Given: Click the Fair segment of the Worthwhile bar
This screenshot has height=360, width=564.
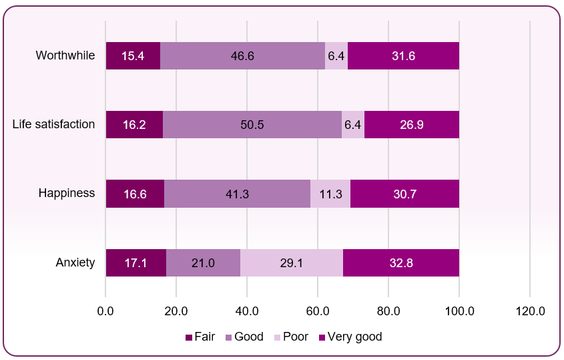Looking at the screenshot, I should tap(133, 56).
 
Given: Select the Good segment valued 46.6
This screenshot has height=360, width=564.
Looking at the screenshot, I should tap(242, 56).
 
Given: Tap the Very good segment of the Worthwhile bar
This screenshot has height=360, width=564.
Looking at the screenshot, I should tap(403, 56).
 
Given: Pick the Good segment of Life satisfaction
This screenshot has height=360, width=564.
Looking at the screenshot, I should tap(252, 125).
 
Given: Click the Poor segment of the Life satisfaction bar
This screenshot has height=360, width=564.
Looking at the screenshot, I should tap(352, 125).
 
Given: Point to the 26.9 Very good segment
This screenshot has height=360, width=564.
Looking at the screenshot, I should tap(412, 125).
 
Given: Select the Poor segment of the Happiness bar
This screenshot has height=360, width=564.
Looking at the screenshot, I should tap(330, 194).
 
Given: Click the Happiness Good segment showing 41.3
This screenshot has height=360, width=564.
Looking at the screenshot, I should tap(237, 194).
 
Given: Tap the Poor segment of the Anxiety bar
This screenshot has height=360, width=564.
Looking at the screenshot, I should tap(292, 262).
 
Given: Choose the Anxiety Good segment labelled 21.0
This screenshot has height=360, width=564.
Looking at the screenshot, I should tap(203, 262).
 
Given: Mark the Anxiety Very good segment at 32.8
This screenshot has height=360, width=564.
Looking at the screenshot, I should tap(401, 262).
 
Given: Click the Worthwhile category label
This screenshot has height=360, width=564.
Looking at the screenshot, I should tap(65, 55).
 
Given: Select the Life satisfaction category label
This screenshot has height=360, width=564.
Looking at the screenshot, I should tap(54, 124).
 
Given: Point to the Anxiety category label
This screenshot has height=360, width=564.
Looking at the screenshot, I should tap(75, 262).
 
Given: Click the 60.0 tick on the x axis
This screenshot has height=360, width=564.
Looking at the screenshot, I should tap(318, 311).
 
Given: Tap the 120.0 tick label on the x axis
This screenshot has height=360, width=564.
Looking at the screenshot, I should tap(529, 311).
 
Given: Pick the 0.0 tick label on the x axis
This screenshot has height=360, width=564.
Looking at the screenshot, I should tap(105, 311).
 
